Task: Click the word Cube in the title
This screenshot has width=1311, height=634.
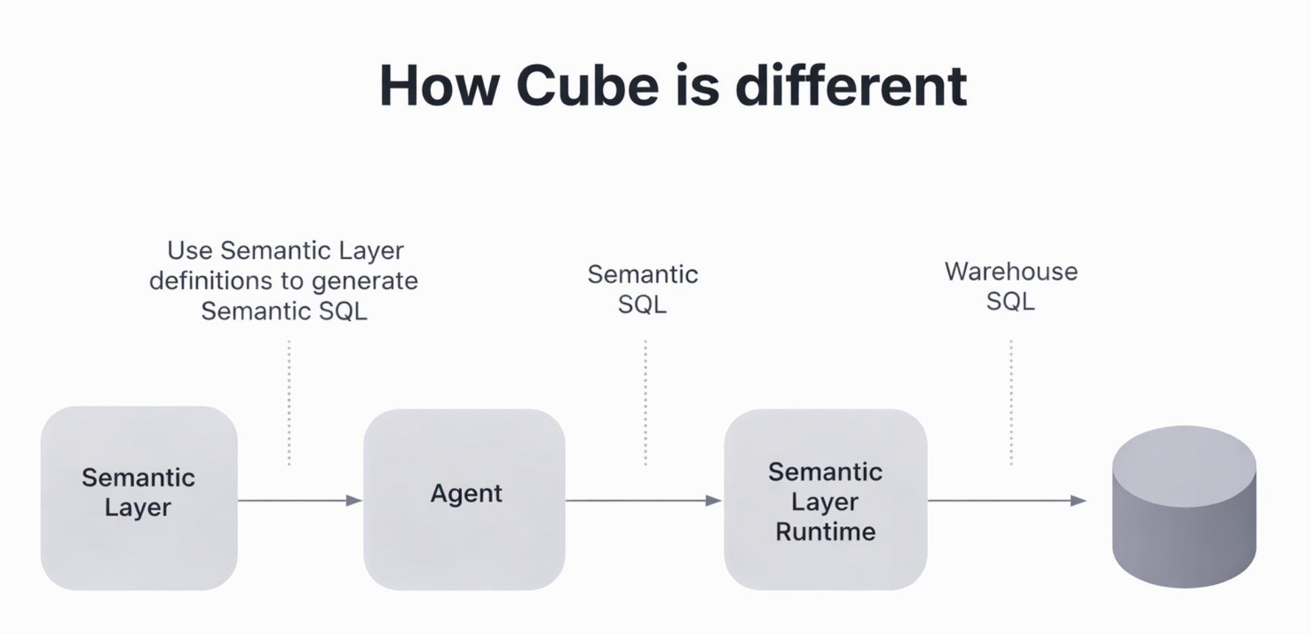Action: tap(587, 86)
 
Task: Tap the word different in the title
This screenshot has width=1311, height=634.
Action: tap(851, 86)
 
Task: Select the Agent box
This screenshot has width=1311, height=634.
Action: tap(465, 499)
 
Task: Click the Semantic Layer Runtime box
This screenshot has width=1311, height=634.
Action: tap(825, 499)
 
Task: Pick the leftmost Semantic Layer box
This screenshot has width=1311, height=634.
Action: tap(139, 498)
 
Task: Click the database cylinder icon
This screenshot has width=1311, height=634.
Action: tap(1184, 506)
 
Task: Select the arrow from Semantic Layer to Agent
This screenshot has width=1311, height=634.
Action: tap(300, 500)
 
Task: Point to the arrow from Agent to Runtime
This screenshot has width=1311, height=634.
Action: tap(643, 500)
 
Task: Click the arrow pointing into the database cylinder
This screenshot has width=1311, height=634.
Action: tap(1007, 500)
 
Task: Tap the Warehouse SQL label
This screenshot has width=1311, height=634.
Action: tap(1011, 286)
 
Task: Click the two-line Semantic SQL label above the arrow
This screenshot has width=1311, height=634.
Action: tap(643, 289)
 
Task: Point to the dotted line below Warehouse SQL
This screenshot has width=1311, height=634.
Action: tap(1011, 403)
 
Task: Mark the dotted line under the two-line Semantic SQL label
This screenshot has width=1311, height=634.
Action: tap(645, 403)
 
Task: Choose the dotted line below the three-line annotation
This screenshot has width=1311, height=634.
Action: tap(289, 403)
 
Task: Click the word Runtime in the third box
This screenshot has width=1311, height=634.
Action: tap(825, 531)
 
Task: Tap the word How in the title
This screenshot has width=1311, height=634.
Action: tap(439, 86)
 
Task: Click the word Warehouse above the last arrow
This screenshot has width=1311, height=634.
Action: tap(1011, 272)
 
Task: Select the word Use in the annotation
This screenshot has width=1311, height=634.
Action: tap(190, 251)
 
